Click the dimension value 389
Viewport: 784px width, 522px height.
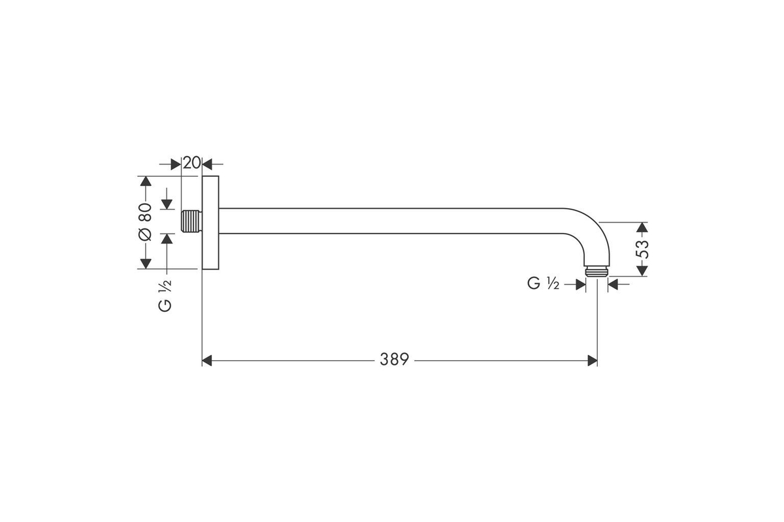coord(394,360)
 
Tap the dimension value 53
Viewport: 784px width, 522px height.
coord(642,249)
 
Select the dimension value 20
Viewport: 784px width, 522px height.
coord(192,163)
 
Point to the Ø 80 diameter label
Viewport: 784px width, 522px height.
coord(145,222)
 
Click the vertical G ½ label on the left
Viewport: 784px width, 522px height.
coord(165,296)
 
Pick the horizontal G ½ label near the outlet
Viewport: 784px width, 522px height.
coord(543,283)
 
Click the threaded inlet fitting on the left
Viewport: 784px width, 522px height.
coord(191,221)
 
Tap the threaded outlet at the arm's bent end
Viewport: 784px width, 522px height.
coord(597,271)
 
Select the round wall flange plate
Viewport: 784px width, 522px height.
coord(210,223)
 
